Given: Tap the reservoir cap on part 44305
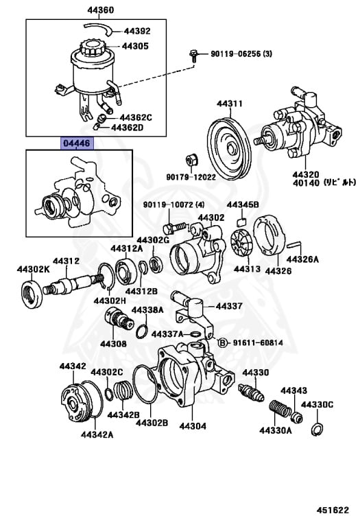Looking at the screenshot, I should tap(90, 47).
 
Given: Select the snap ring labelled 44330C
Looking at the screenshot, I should tap(317, 430).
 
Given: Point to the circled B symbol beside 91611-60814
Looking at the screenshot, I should tap(222, 342).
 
